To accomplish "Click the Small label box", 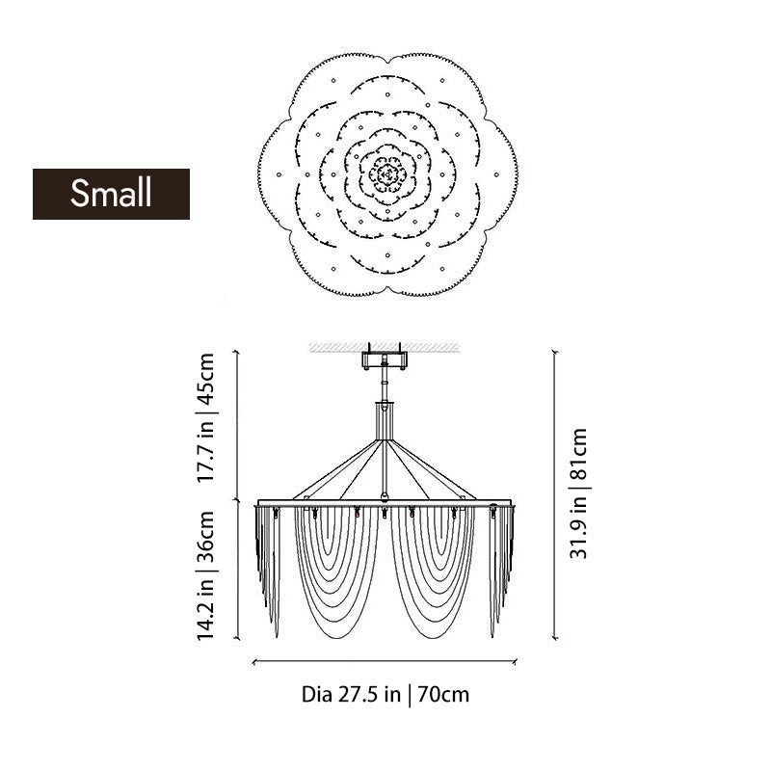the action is (x=111, y=194).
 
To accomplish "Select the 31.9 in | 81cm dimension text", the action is (x=579, y=493).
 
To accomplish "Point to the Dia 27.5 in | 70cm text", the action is (x=385, y=695).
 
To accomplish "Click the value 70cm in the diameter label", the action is (x=443, y=695).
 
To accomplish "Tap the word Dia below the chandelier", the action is (x=317, y=695).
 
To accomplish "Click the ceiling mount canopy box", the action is (x=384, y=359).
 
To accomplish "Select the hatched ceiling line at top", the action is (x=385, y=348).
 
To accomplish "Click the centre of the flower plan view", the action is (x=388, y=174).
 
